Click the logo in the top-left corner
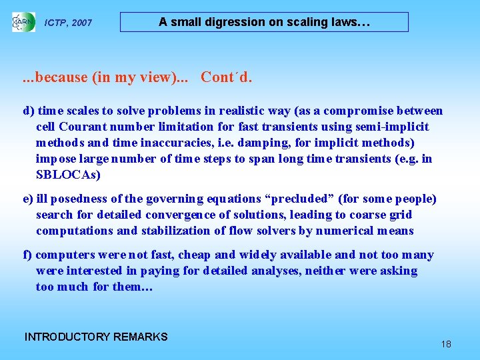23,22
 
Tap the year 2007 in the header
81,23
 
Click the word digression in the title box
233,22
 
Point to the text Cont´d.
227,77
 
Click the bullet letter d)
29,111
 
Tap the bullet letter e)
29,199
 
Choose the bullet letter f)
28,255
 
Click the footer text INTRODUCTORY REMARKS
96,337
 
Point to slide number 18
446,344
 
